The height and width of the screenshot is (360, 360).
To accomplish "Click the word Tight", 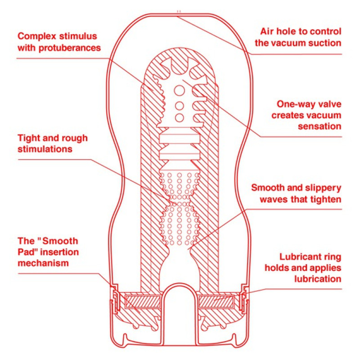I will tap(29, 137).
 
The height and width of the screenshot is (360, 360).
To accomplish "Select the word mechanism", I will tap(43, 262).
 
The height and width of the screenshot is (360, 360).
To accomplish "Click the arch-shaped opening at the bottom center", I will tap(180, 306).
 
